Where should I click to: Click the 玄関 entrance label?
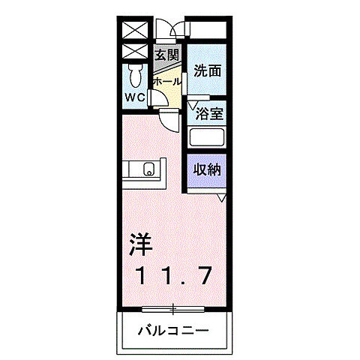point(166,54)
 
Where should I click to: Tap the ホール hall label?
point(166,81)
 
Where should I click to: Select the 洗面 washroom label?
point(207,71)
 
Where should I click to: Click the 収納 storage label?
point(208,169)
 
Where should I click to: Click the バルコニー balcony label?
point(173,330)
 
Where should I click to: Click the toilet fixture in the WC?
point(136,75)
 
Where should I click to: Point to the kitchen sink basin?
point(148,170)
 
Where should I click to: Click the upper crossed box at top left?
point(135,31)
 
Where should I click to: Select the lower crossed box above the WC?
point(135,52)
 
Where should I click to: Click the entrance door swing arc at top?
point(175,31)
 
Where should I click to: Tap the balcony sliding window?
point(173,308)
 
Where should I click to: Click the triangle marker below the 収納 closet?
point(221,197)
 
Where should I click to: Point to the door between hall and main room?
point(168,117)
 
